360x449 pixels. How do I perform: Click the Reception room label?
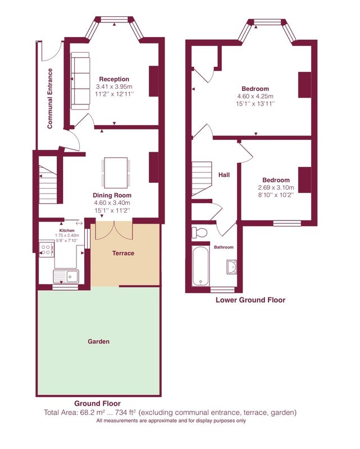[x=114, y=79]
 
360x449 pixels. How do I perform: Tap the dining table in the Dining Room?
[x=116, y=173]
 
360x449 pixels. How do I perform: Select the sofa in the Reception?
[x=80, y=81]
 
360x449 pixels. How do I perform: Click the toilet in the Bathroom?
[x=199, y=232]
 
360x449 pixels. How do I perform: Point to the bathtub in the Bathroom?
[x=200, y=266]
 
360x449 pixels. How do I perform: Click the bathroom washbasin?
[x=232, y=267]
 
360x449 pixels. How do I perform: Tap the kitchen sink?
[x=66, y=276]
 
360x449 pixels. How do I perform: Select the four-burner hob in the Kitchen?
[x=46, y=250]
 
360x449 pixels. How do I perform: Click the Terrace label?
[x=123, y=253]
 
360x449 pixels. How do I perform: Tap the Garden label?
[x=99, y=341]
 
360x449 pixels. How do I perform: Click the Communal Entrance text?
[x=50, y=99]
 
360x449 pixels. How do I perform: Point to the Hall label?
[x=224, y=175]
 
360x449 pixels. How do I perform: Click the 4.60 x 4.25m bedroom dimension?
[x=256, y=96]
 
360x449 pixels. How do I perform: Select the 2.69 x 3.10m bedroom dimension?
[x=276, y=187]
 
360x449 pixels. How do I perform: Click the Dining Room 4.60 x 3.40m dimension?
[x=112, y=203]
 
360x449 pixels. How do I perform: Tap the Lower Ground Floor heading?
[x=250, y=300]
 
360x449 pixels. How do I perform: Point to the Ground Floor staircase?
[x=48, y=185]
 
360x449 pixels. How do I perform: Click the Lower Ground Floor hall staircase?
[x=202, y=178]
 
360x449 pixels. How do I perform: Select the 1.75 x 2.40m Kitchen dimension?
[x=67, y=235]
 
